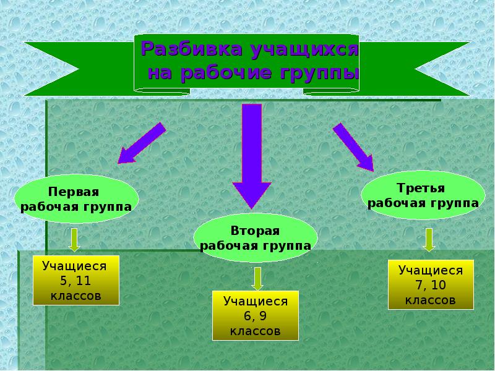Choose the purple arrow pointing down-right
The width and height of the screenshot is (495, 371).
pyautogui.click(x=353, y=146)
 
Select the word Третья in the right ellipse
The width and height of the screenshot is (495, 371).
pyautogui.click(x=423, y=187)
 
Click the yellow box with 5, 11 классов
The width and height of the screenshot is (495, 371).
pyautogui.click(x=75, y=281)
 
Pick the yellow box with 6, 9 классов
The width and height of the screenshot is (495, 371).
pyautogui.click(x=255, y=316)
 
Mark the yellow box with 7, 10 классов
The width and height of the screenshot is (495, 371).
pyautogui.click(x=431, y=285)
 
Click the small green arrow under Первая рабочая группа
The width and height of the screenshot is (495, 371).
pyautogui.click(x=74, y=239)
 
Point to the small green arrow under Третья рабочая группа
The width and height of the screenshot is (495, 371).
pyautogui.click(x=429, y=239)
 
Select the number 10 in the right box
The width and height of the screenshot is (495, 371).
pyautogui.click(x=438, y=286)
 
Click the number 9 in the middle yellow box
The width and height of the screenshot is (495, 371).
pyautogui.click(x=263, y=317)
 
